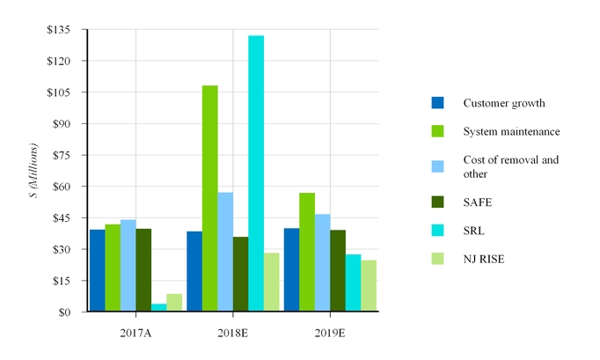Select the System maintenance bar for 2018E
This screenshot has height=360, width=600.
point(209,198)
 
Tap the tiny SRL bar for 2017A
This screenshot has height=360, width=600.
point(159,307)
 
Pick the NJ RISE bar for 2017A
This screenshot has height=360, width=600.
point(174,303)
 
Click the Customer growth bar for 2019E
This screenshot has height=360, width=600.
point(291,269)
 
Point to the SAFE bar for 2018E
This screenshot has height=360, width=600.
point(240,274)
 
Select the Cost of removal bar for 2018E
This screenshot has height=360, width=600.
point(225,252)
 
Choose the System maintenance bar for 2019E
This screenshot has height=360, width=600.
point(307,252)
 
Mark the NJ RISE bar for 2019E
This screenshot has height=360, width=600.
point(369,285)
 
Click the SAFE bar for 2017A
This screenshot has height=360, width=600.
point(143,269)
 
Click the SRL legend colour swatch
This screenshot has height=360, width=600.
point(437,231)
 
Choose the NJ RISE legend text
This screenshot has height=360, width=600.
point(485,260)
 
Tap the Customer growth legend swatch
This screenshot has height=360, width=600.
point(437,103)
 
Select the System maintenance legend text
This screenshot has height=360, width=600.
point(511,132)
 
